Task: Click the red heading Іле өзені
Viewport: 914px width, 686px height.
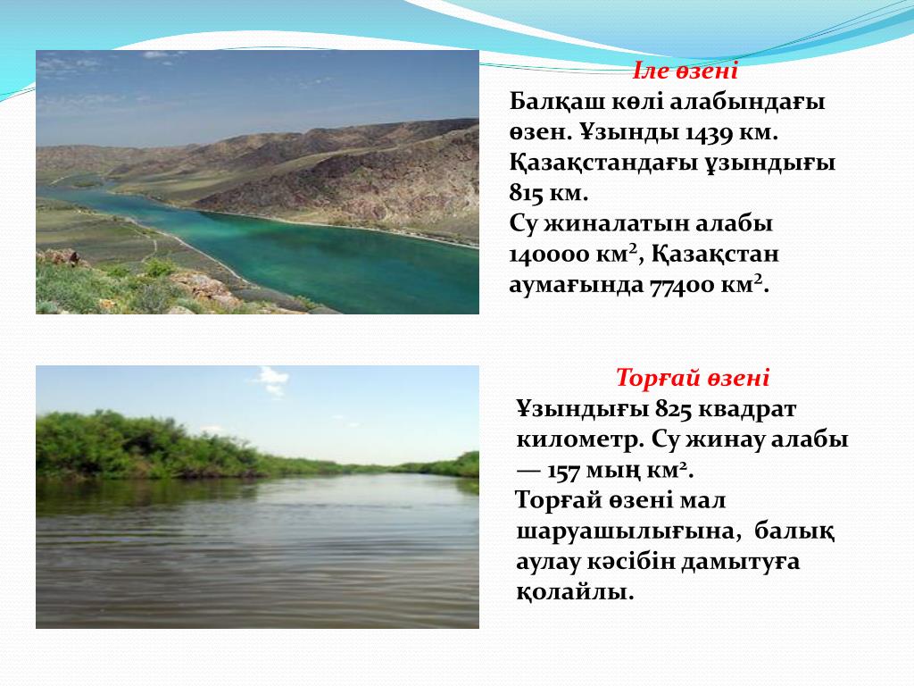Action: pyautogui.click(x=685, y=71)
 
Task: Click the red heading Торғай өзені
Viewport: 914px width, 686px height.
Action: pyautogui.click(x=693, y=378)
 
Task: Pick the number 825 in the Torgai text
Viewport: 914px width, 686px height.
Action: pyautogui.click(x=673, y=409)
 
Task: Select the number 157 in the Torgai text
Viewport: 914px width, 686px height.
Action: pyautogui.click(x=565, y=470)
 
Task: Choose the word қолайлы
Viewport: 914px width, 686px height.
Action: pyautogui.click(x=575, y=593)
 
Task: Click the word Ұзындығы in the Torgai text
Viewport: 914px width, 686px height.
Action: pyautogui.click(x=583, y=409)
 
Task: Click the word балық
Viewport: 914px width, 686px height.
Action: pyautogui.click(x=794, y=531)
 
